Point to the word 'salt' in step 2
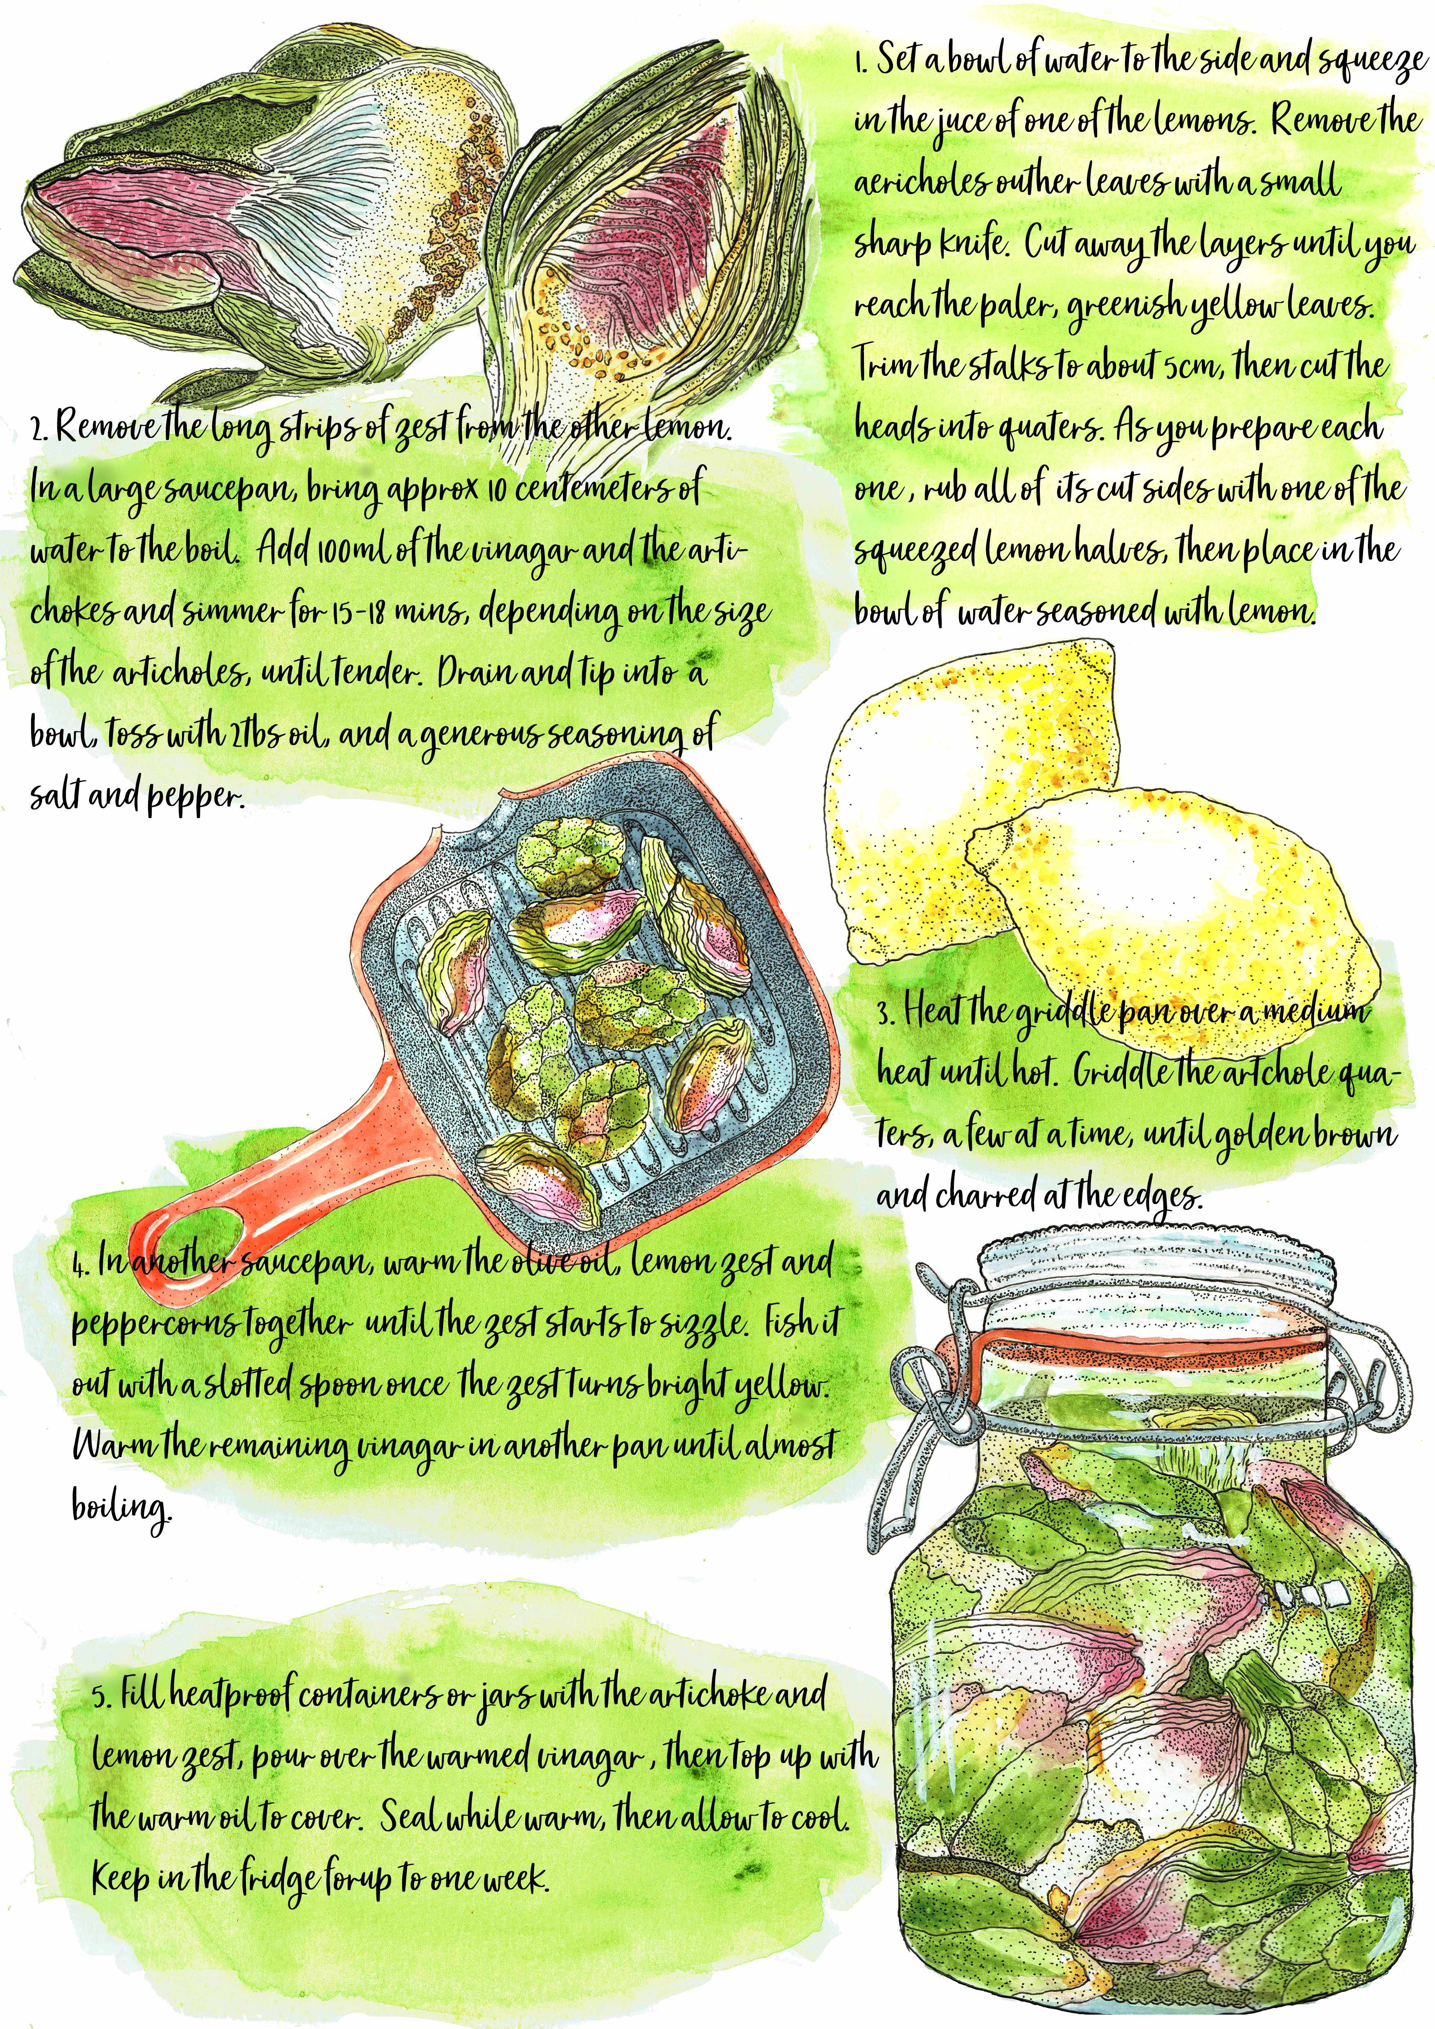(57, 798)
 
